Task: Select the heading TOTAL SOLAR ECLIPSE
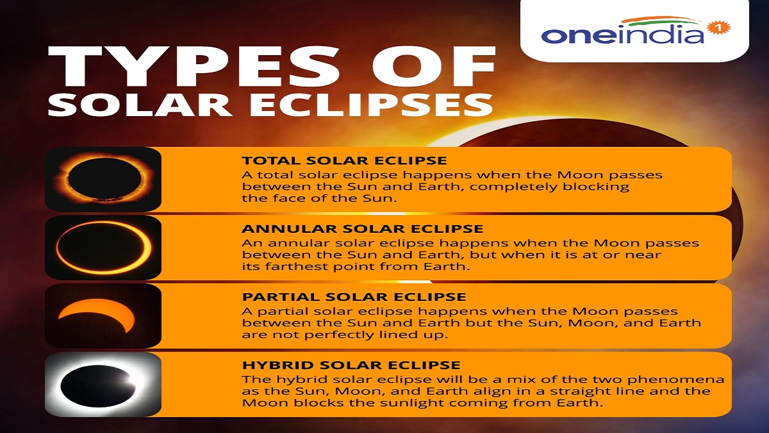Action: (344, 160)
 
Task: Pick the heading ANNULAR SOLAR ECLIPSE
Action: (362, 229)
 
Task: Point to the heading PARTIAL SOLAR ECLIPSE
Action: (354, 297)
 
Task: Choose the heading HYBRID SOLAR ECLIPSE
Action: (351, 366)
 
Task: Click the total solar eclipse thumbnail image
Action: (103, 179)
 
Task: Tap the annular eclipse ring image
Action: (103, 248)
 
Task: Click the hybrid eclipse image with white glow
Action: (103, 385)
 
